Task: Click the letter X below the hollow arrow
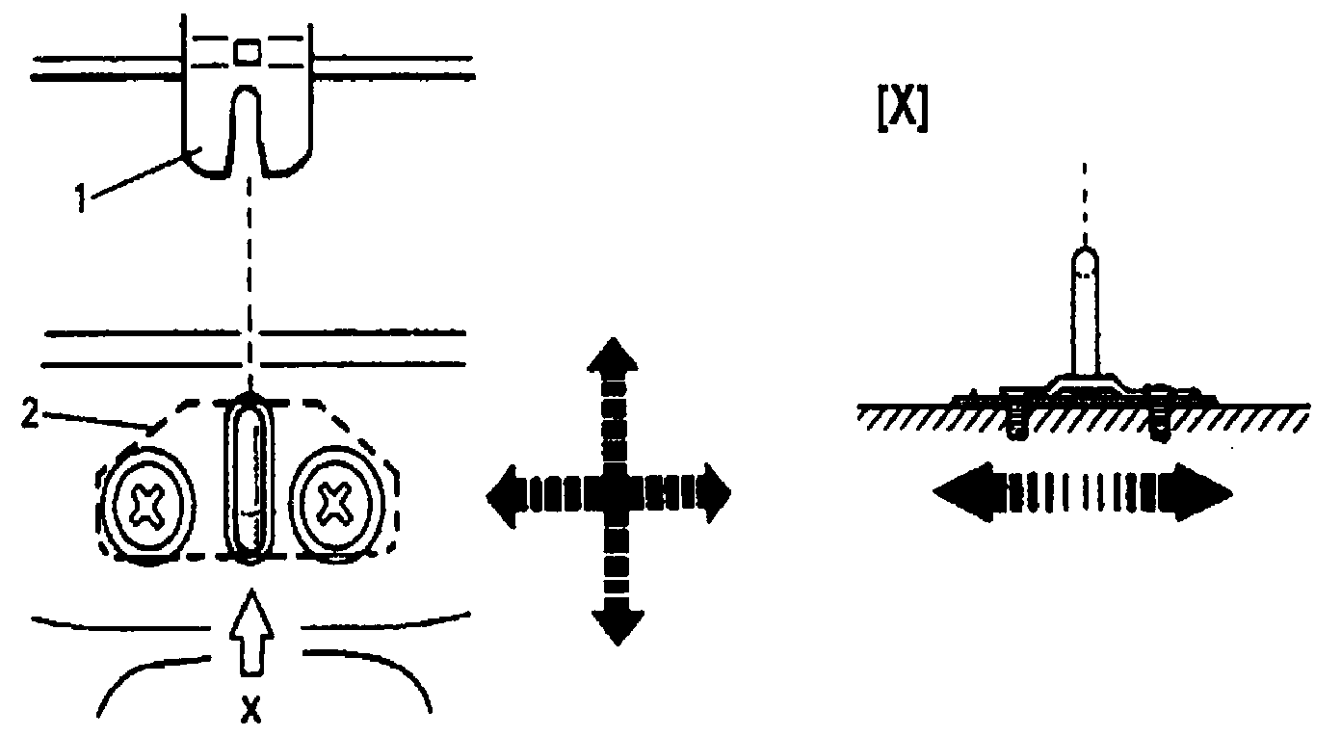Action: (250, 711)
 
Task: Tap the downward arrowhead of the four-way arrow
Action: (613, 627)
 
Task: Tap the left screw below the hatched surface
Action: (1015, 423)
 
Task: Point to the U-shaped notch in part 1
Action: (247, 125)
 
